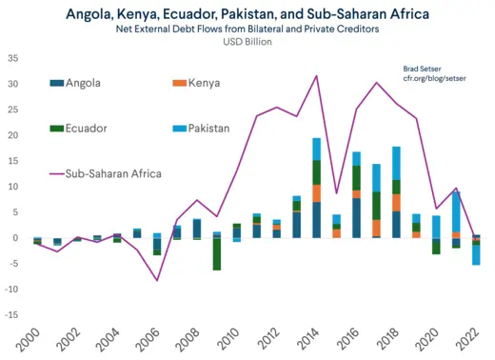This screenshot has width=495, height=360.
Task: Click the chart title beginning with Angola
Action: tap(247, 13)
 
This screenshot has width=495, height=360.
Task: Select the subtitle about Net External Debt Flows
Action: tap(247, 30)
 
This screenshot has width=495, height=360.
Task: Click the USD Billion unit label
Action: tap(247, 44)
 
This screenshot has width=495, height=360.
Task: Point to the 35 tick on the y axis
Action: tap(12, 58)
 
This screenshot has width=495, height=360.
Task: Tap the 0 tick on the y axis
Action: tap(15, 238)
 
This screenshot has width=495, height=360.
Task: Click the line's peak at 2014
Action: tap(316, 76)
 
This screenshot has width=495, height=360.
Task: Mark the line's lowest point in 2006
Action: tap(156, 280)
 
